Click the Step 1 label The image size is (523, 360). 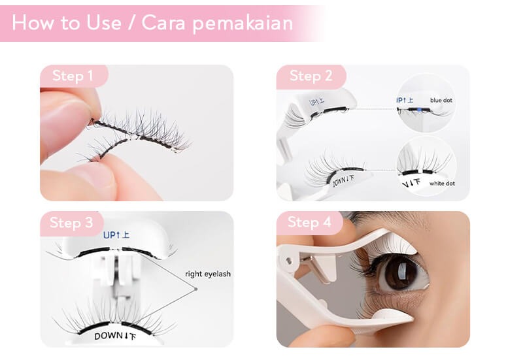[73, 76]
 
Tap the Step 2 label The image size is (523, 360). [311, 76]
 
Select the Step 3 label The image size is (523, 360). [71, 223]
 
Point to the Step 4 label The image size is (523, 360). [309, 222]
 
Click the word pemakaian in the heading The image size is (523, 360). [243, 24]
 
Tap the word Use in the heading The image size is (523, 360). [104, 23]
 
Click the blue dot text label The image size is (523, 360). [441, 100]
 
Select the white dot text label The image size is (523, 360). [442, 184]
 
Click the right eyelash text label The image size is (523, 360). [208, 274]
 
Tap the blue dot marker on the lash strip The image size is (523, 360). [419, 109]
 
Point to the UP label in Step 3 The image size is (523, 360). [116, 235]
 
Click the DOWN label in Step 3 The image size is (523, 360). [115, 336]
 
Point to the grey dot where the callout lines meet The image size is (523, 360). [195, 289]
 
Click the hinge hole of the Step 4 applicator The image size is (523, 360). [288, 261]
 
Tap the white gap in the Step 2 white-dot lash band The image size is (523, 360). [420, 172]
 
